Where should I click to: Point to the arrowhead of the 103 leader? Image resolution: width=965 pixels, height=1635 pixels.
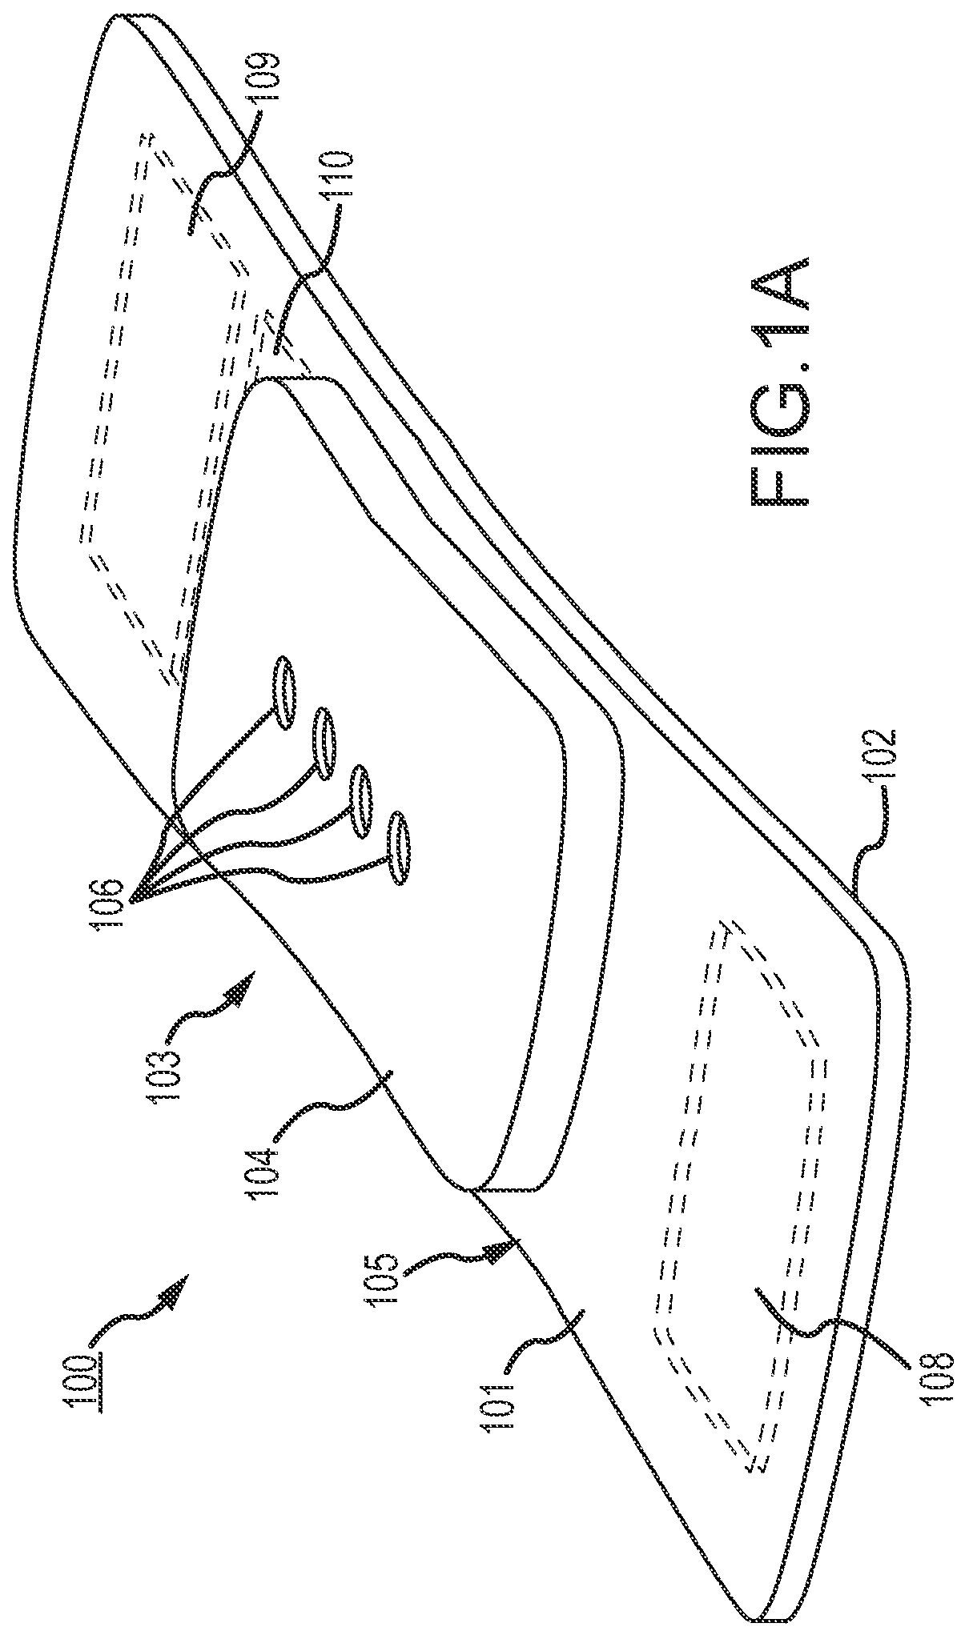coord(245,980)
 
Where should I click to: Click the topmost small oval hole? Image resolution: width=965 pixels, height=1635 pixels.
coord(284,692)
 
